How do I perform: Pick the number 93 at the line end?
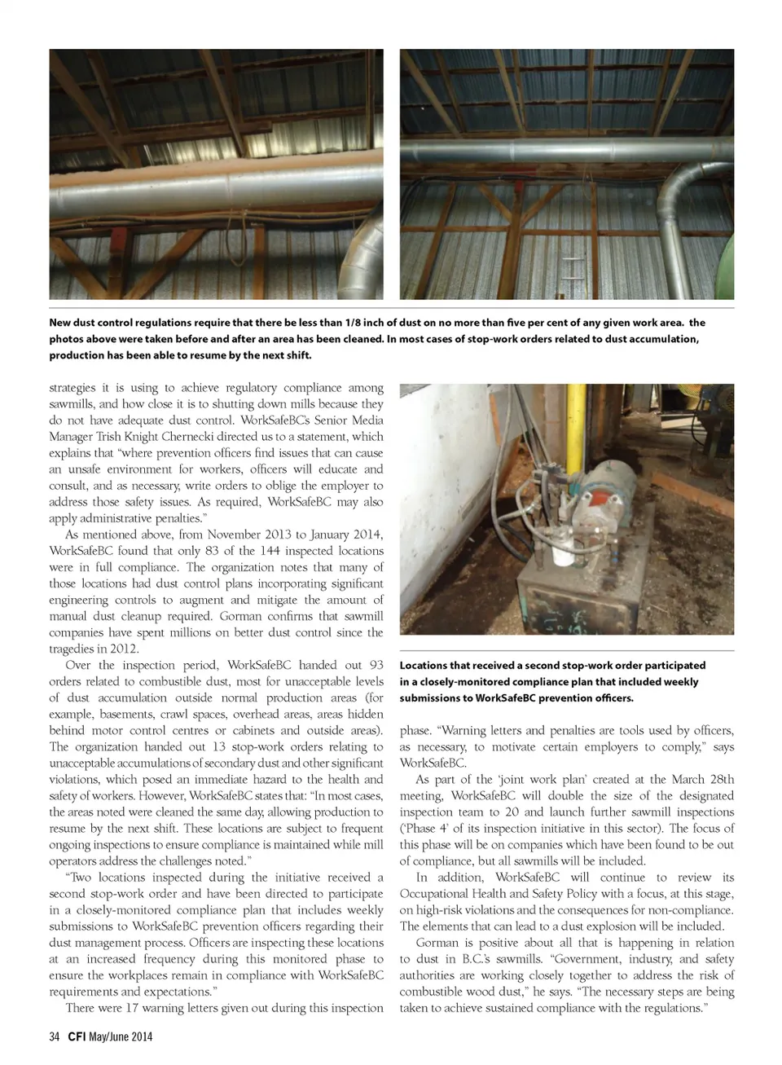[x=376, y=665]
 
